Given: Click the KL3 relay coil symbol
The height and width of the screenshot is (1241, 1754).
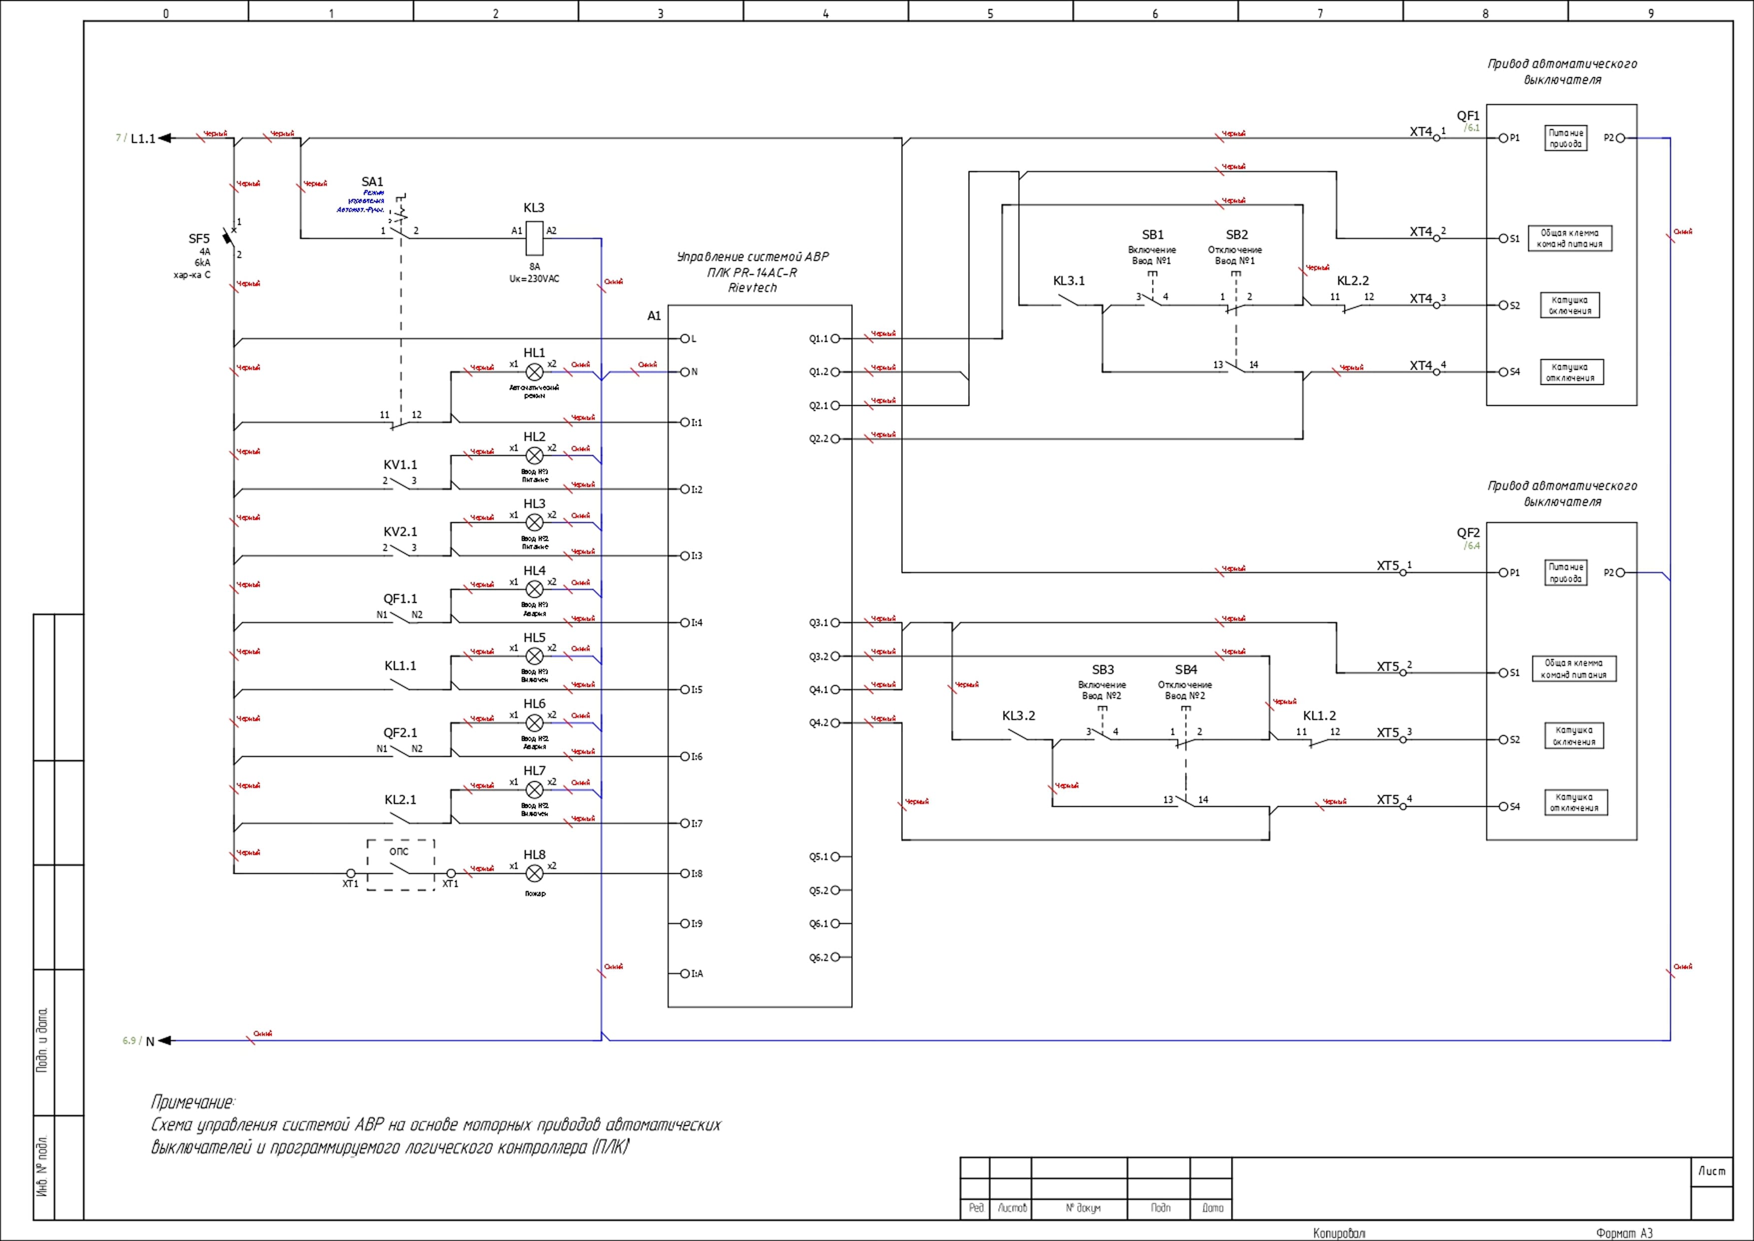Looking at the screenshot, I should tap(535, 237).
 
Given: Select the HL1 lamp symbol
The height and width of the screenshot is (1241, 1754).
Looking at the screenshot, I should tap(535, 372).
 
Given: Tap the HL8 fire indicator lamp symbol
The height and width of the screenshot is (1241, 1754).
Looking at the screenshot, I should tap(535, 873).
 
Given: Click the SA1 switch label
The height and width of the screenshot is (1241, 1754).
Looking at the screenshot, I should tap(372, 182).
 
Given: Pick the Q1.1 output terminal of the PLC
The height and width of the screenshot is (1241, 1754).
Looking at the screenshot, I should tap(835, 338).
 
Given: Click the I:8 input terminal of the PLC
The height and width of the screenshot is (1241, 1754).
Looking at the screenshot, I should tap(685, 873).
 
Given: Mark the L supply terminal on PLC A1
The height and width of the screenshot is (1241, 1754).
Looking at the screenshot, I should tap(685, 338).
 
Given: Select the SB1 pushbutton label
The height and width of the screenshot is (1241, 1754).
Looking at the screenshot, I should tap(1153, 234).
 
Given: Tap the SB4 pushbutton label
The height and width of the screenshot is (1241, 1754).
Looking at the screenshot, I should tap(1186, 669).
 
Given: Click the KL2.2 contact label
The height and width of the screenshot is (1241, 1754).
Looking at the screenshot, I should tap(1353, 280).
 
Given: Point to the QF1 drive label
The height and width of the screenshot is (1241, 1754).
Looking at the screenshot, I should tap(1468, 116).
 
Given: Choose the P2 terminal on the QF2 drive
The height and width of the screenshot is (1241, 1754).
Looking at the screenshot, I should tap(1620, 572).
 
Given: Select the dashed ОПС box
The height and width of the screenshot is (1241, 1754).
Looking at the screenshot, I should tap(400, 865).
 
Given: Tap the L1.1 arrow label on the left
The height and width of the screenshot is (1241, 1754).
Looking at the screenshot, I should tap(143, 138).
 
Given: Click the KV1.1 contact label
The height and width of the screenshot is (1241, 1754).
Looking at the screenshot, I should tap(400, 464).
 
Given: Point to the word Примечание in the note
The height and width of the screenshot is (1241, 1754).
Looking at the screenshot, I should tap(192, 1102).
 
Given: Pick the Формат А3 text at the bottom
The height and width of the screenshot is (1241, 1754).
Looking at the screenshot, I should tap(1624, 1232).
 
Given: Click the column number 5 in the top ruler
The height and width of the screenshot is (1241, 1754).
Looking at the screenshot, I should tap(990, 13).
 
